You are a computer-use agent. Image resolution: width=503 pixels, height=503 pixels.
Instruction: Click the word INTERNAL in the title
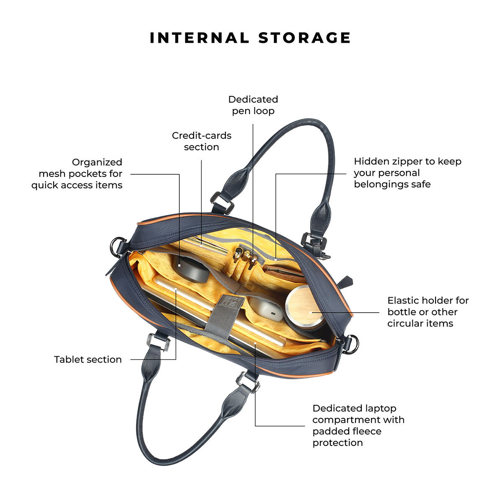pyautogui.click(x=199, y=38)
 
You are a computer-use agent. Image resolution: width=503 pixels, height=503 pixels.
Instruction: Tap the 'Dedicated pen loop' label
pyautogui.click(x=253, y=105)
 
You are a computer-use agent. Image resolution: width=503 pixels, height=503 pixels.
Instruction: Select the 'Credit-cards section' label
pyautogui.click(x=202, y=141)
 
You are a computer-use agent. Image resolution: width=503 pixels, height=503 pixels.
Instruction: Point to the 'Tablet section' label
pyautogui.click(x=88, y=359)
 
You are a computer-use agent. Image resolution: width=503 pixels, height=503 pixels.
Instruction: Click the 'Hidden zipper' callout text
pyautogui.click(x=407, y=173)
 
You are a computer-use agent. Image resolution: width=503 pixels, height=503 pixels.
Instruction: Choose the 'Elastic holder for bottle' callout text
pyautogui.click(x=428, y=312)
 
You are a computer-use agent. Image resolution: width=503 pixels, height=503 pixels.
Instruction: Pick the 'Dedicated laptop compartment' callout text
pyautogui.click(x=358, y=425)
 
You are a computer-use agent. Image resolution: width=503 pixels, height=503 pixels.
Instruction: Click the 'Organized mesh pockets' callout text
pyautogui.click(x=77, y=174)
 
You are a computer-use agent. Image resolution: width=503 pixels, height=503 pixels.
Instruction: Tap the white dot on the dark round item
pyautogui.click(x=179, y=265)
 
